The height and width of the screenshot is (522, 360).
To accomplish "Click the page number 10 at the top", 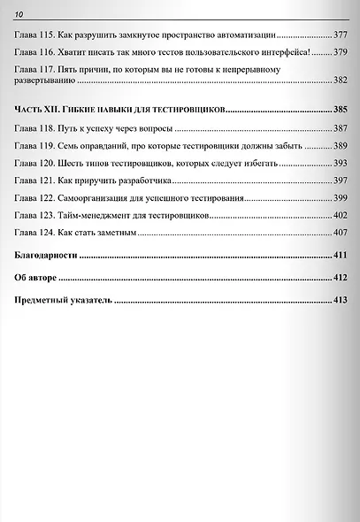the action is click(19, 12).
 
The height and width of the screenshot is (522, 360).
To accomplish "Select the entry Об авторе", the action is click(37, 278).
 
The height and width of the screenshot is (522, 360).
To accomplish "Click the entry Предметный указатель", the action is click(63, 301).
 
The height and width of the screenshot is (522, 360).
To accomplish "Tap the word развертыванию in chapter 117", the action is click(46, 81).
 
